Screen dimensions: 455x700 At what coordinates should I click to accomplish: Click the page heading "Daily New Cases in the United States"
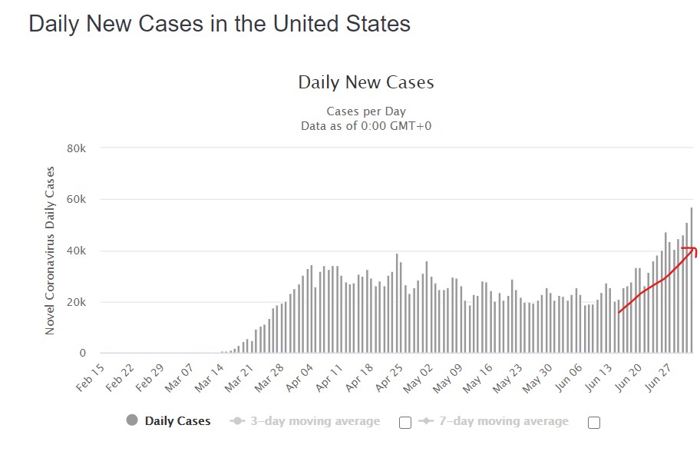pos(220,23)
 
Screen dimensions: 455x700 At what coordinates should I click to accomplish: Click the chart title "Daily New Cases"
pos(366,82)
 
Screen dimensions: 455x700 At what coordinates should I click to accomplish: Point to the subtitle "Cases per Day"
pos(366,111)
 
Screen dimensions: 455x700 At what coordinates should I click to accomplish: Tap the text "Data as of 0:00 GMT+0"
pos(366,125)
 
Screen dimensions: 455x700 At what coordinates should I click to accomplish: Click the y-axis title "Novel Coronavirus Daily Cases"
pos(51,250)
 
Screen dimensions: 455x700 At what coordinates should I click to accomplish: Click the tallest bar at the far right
pos(692,281)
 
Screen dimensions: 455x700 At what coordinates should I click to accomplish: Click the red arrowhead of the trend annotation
pos(693,251)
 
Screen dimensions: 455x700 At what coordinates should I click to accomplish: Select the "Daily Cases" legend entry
pos(177,421)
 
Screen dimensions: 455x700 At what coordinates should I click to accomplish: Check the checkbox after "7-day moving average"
pos(593,422)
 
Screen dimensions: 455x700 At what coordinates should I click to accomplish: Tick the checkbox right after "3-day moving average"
pos(405,422)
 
